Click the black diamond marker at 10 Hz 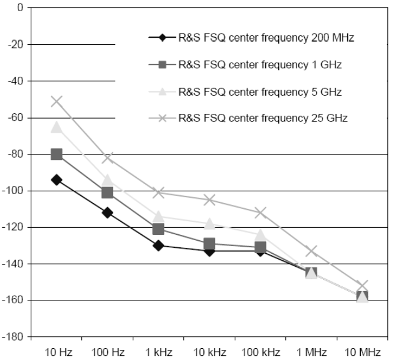click(x=57, y=179)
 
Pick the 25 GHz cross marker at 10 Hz click(x=57, y=102)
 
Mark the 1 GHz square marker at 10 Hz click(x=57, y=154)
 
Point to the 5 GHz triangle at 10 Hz click(x=57, y=127)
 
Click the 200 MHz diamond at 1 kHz click(x=159, y=245)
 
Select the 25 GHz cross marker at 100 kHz click(x=261, y=212)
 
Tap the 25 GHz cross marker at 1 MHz click(x=311, y=251)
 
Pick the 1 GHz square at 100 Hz click(x=107, y=192)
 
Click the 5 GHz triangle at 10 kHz click(x=209, y=224)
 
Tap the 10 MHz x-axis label click(x=362, y=352)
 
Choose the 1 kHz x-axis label click(x=158, y=352)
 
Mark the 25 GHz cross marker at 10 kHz click(x=209, y=200)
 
